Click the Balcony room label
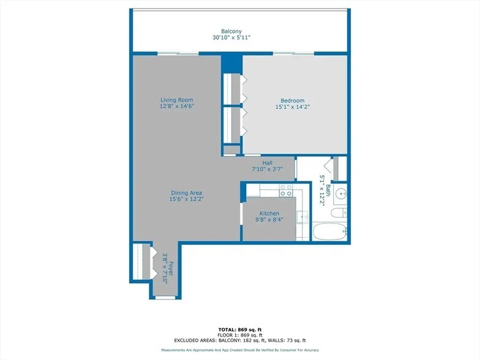pyautogui.click(x=231, y=31)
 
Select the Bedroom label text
pyautogui.click(x=292, y=101)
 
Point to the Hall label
pyautogui.click(x=267, y=163)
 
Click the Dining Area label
pyautogui.click(x=186, y=193)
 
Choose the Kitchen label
pyautogui.click(x=269, y=214)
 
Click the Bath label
pyautogui.click(x=328, y=192)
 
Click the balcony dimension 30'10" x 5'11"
pyautogui.click(x=231, y=38)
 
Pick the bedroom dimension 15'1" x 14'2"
pyautogui.click(x=292, y=108)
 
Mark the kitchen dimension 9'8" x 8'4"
pyautogui.click(x=269, y=220)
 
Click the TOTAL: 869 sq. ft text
pyautogui.click(x=240, y=329)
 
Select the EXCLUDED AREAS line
pyautogui.click(x=240, y=340)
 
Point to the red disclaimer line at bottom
pyautogui.click(x=240, y=350)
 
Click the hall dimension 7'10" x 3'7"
pyautogui.click(x=267, y=170)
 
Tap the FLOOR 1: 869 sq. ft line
pyautogui.click(x=240, y=335)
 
